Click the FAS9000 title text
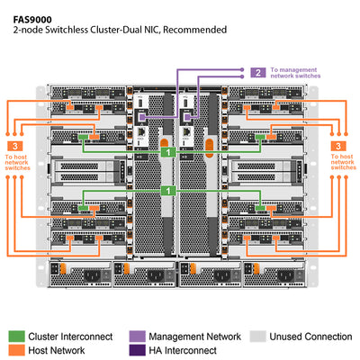33,15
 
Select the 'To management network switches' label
296,73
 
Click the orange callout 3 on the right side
337,145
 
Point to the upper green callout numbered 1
167,154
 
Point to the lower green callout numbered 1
167,192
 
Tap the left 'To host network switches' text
18,162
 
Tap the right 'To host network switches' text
343,162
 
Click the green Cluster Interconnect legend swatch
15,337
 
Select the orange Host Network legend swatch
15,350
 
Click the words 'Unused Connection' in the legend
310,337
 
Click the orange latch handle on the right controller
211,144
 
